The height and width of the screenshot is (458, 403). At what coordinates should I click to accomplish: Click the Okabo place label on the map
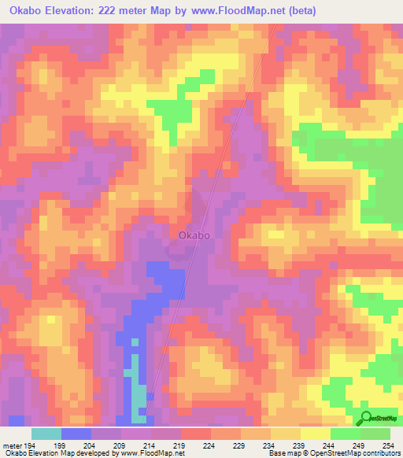click(194, 235)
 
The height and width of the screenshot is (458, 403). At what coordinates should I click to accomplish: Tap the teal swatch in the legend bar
click(46, 434)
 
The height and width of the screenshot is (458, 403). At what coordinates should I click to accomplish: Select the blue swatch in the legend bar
click(76, 434)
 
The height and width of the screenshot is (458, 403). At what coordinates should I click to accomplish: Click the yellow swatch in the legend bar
click(316, 434)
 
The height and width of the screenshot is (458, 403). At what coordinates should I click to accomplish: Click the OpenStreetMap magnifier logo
click(366, 419)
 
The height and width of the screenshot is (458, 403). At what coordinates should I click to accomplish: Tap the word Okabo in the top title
click(28, 10)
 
